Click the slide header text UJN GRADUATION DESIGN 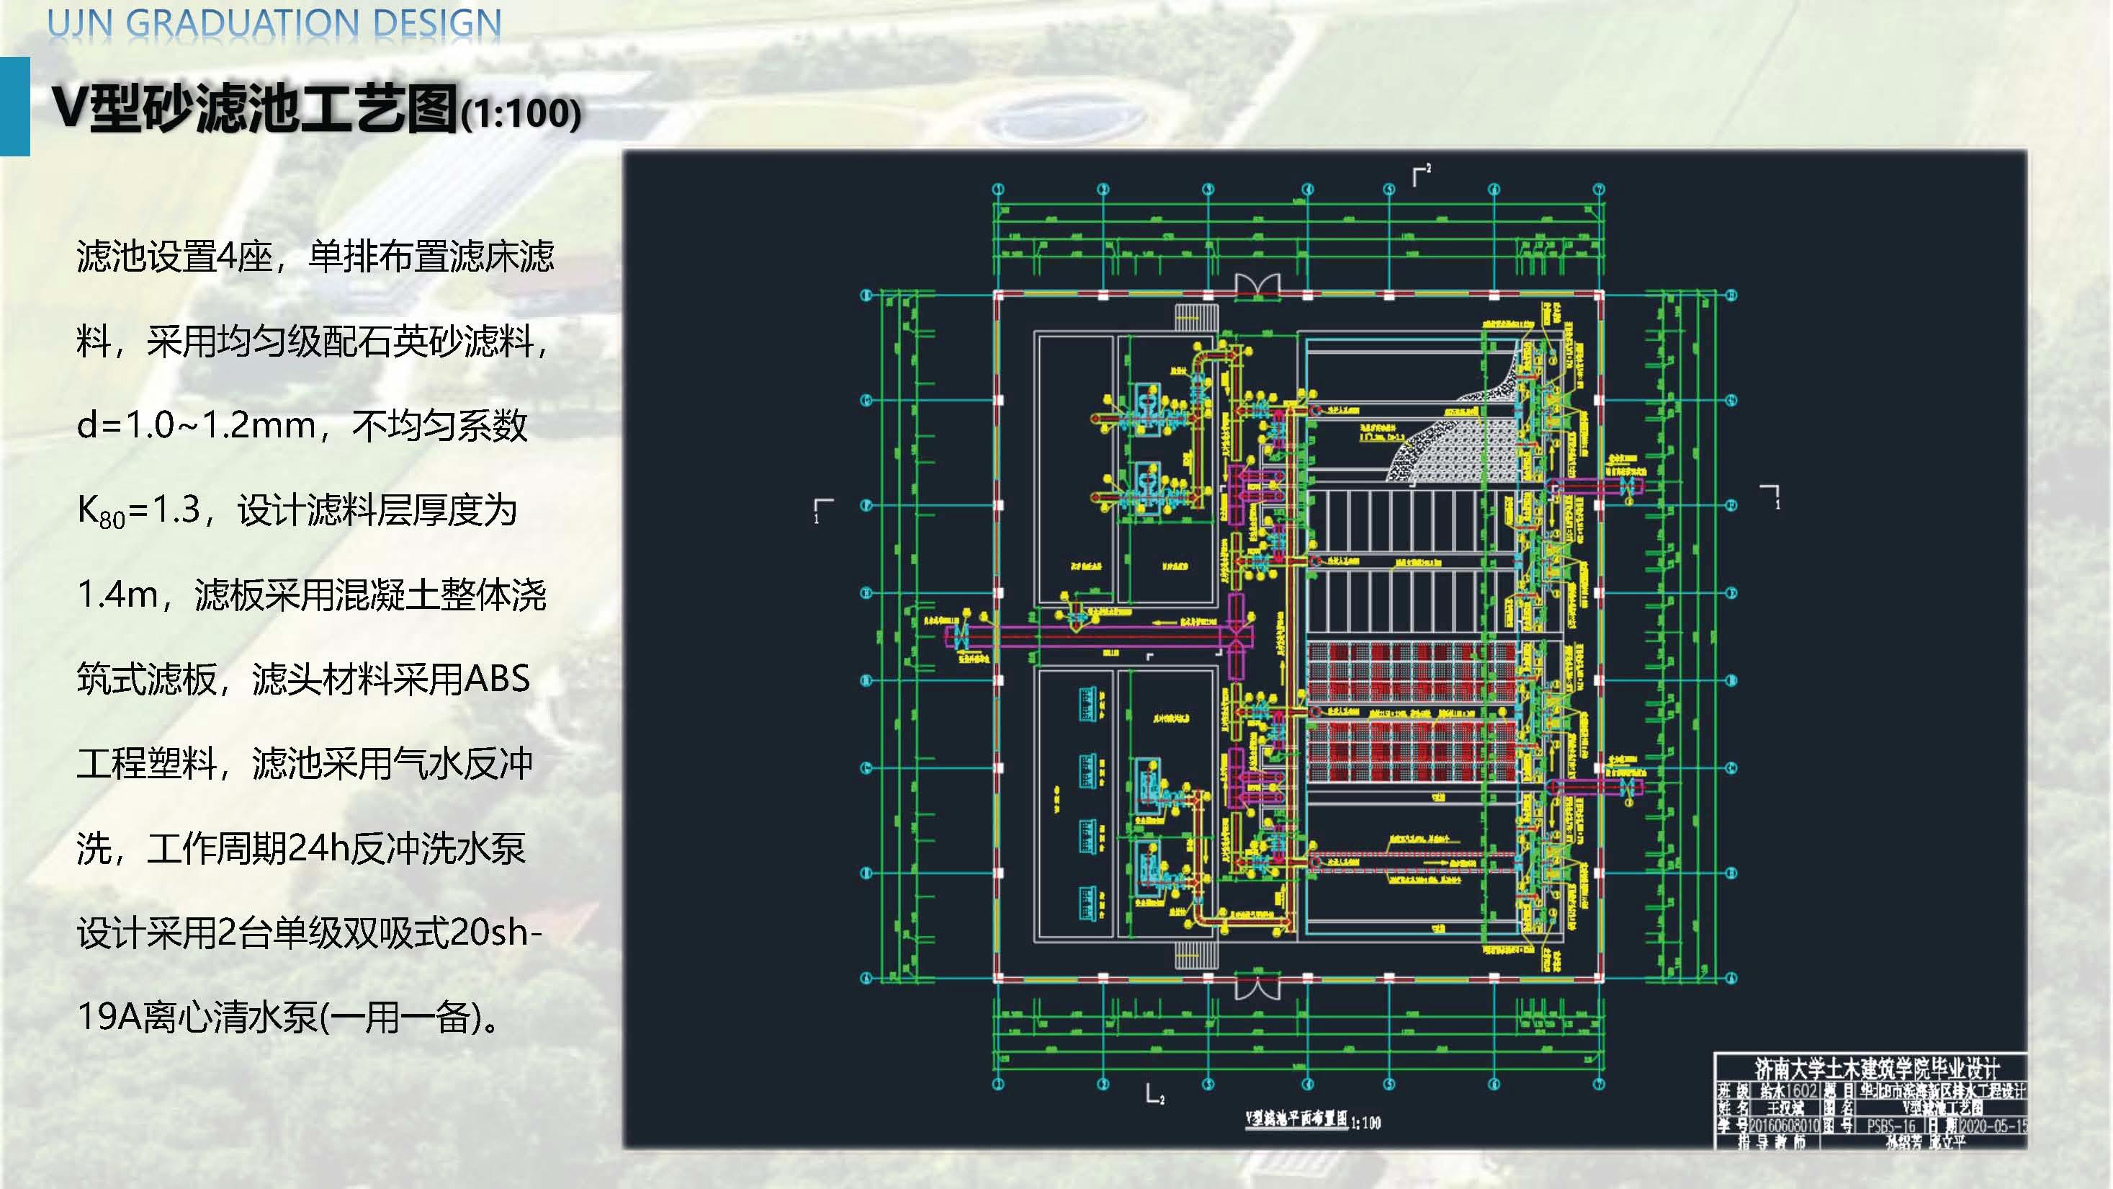coord(274,23)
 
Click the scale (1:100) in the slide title coord(521,114)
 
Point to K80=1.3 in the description coord(138,511)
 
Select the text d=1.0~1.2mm coord(197,426)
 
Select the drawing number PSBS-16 coord(1890,1126)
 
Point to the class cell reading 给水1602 coord(1788,1090)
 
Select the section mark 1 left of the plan coord(822,509)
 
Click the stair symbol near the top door coord(1198,319)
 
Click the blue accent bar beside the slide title coord(15,106)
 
